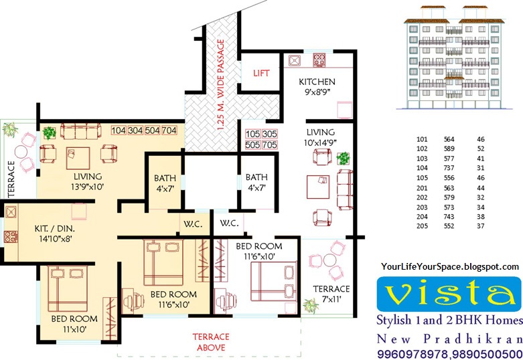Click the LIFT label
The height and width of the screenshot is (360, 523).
coord(260,72)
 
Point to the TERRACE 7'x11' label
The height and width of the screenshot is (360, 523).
coord(331,294)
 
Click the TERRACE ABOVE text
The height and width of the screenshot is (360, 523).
coord(211,342)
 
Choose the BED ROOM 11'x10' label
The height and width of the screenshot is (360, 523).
coord(74,324)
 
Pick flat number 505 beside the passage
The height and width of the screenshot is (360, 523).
coord(252,144)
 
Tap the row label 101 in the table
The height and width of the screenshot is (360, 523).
coord(421,139)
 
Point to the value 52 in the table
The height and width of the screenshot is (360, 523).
coord(481,149)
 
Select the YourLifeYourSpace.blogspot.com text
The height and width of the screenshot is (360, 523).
coord(449,266)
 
